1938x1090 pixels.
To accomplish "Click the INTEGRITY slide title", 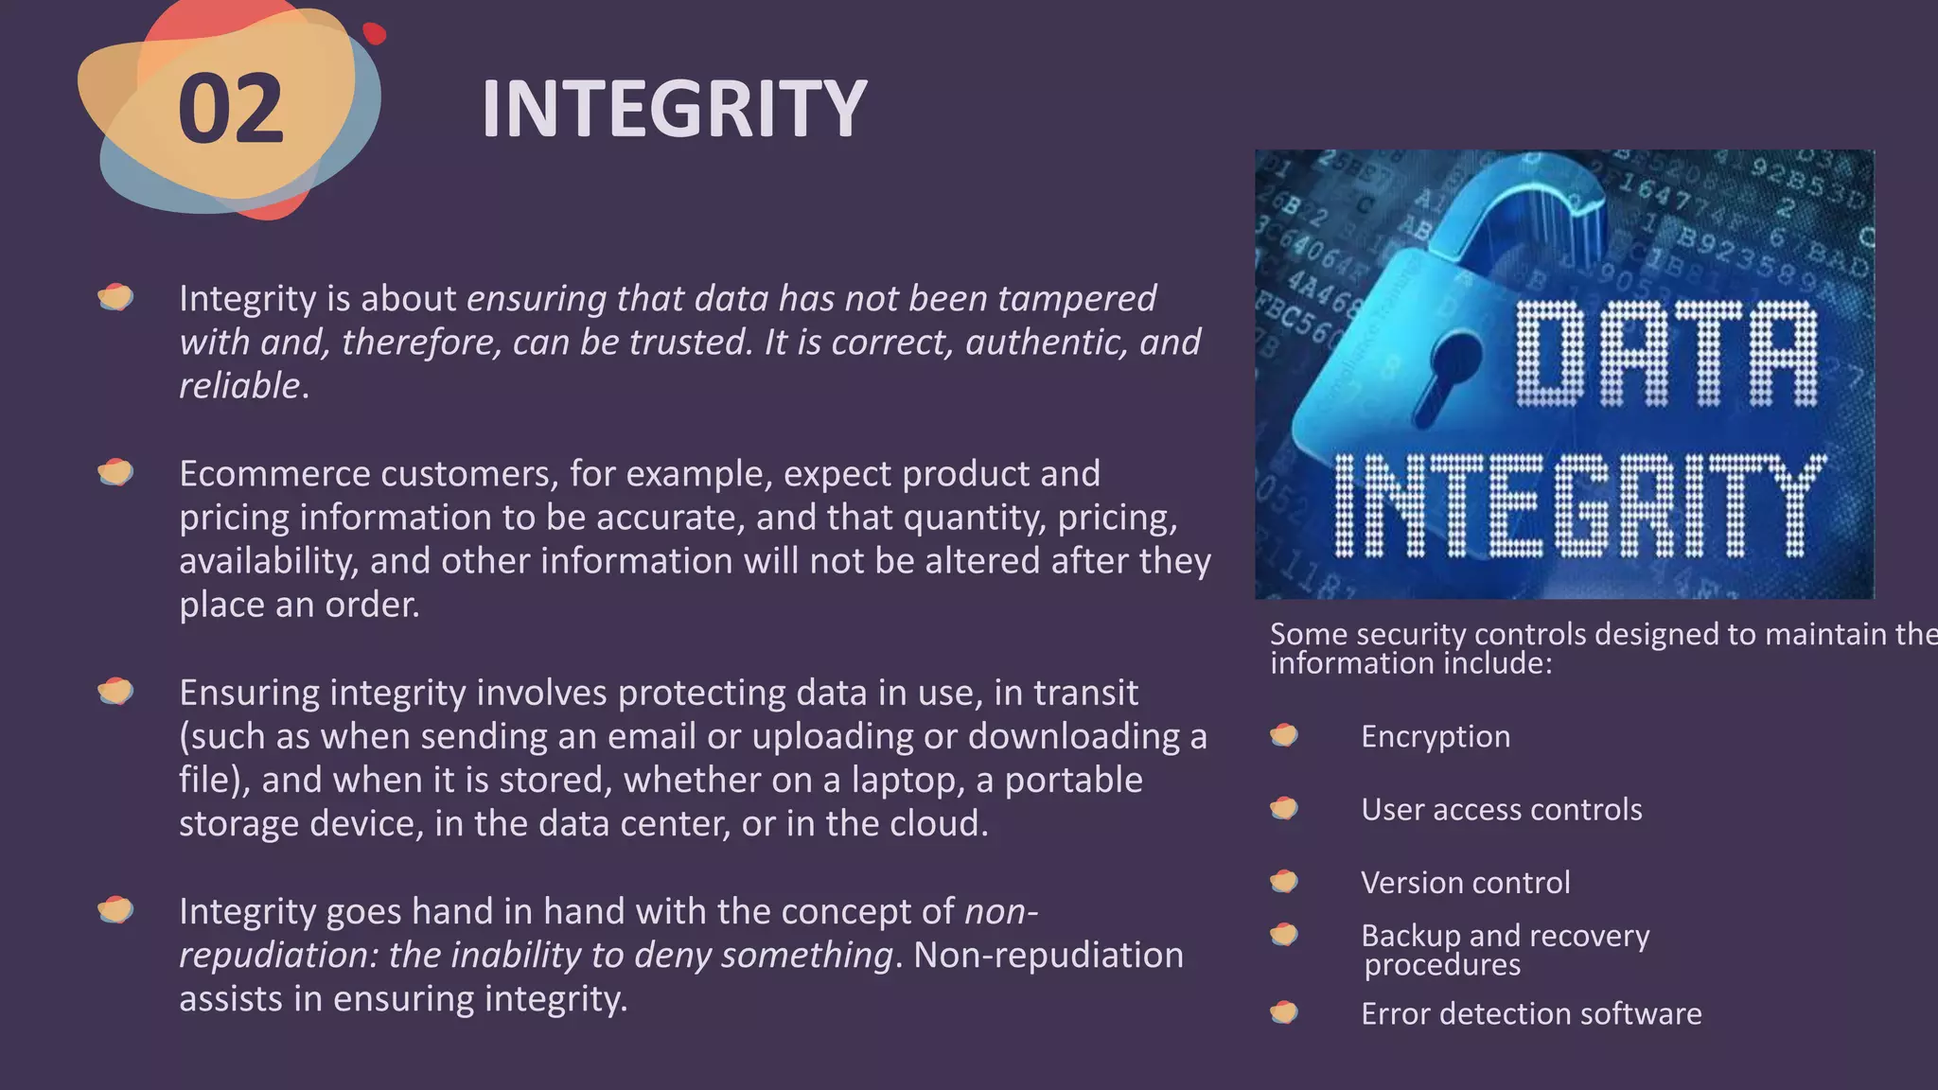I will (673, 109).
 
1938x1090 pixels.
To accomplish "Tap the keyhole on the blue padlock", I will (1445, 374).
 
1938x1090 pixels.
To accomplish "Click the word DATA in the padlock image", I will (1665, 355).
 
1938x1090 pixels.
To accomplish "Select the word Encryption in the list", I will (1436, 736).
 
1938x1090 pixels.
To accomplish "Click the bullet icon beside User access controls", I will (1284, 808).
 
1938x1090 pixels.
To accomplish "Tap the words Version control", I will (1465, 882).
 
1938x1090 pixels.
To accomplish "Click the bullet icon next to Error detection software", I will (1284, 1012).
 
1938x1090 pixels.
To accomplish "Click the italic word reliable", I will (239, 385).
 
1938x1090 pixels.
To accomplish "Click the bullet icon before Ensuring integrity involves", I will (115, 692).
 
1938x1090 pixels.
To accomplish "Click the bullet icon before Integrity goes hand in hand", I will (115, 910).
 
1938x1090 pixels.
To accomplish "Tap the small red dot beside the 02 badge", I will (375, 33).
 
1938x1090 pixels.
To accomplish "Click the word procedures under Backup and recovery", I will (1442, 964).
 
